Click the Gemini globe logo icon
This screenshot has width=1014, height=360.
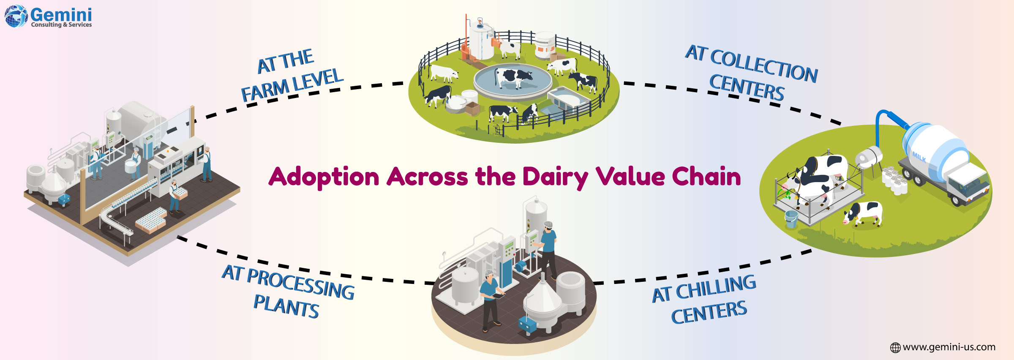(x=16, y=16)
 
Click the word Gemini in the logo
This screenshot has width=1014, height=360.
(x=61, y=14)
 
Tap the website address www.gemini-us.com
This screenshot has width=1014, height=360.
(x=949, y=347)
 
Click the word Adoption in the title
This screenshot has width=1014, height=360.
(x=324, y=177)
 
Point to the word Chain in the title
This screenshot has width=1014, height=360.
(x=706, y=176)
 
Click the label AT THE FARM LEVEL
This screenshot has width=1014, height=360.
(x=292, y=76)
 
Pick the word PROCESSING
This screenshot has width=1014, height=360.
(x=300, y=284)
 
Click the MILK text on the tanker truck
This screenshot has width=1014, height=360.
(x=919, y=157)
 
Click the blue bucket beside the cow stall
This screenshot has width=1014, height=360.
(x=791, y=219)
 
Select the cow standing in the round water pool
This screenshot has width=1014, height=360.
(x=513, y=78)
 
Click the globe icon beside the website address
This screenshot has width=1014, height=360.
(x=895, y=348)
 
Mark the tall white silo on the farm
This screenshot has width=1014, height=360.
(x=482, y=40)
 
